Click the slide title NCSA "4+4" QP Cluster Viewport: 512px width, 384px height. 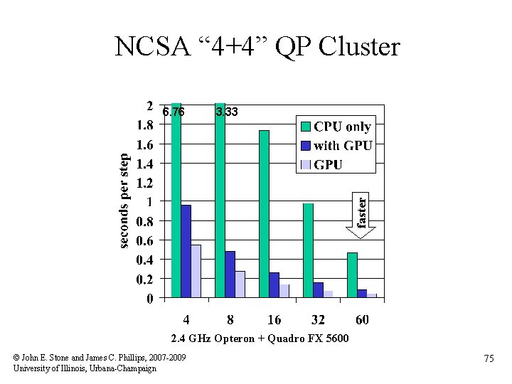[257, 48]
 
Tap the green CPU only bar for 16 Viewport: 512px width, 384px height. [264, 213]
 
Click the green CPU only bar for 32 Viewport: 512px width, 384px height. [308, 250]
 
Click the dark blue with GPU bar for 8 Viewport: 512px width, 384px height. [230, 274]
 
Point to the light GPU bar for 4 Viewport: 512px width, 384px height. [196, 271]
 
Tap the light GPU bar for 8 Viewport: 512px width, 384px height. [240, 284]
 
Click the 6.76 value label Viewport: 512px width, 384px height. [173, 112]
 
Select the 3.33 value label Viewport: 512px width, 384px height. [227, 112]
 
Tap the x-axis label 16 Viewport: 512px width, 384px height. [274, 319]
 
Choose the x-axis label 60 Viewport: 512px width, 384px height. [362, 319]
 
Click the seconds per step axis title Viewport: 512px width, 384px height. [124, 201]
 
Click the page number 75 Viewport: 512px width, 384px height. [489, 360]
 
